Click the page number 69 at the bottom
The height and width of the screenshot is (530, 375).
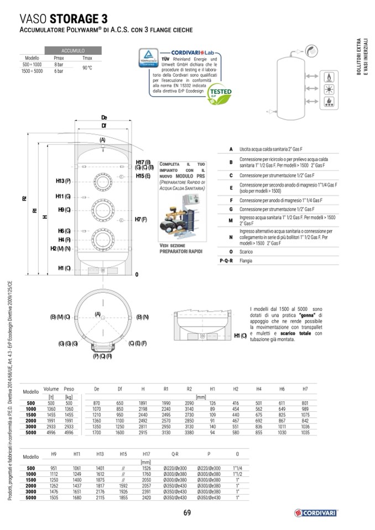coord(187,512)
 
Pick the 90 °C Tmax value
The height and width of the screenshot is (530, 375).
coord(87,68)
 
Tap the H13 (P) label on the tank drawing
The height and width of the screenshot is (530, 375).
coord(63,181)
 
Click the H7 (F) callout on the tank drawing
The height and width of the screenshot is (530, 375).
coord(140,219)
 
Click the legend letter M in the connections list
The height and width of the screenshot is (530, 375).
coord(230,220)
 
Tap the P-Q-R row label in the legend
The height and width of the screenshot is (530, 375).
coord(226,259)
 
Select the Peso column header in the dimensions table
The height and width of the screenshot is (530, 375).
coord(69,389)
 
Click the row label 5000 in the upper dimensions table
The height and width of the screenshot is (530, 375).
coord(31,433)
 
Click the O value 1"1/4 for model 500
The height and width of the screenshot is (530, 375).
coord(237,468)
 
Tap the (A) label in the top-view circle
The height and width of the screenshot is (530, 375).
coord(98,314)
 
